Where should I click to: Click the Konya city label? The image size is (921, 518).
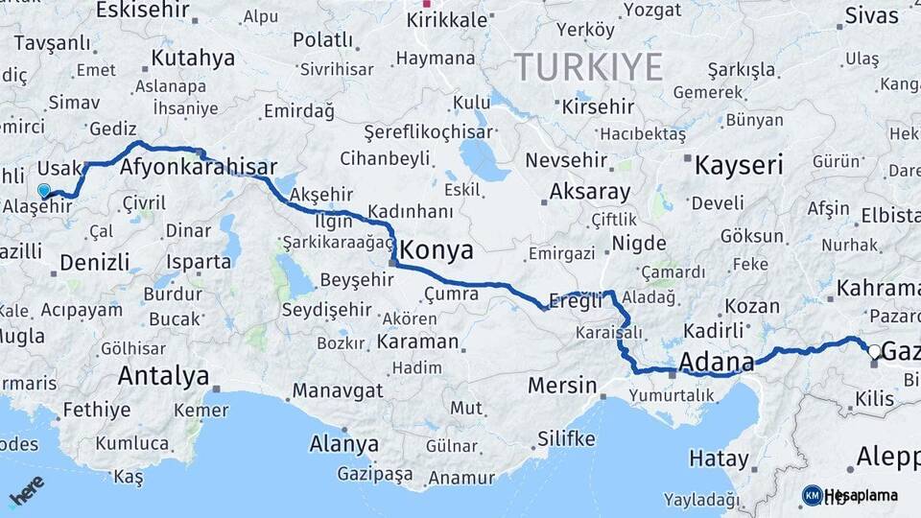pyautogui.click(x=436, y=250)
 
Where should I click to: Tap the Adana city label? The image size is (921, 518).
pyautogui.click(x=716, y=363)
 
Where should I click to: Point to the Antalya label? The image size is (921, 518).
pyautogui.click(x=163, y=376)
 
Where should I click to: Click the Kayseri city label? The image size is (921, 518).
pyautogui.click(x=739, y=165)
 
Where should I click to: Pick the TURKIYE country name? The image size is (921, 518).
pyautogui.click(x=589, y=67)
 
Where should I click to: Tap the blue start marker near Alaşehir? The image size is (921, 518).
pyautogui.click(x=43, y=190)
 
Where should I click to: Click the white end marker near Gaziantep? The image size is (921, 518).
pyautogui.click(x=873, y=351)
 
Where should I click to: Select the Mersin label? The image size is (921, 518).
pyautogui.click(x=562, y=387)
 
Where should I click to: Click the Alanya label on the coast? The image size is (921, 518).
pyautogui.click(x=343, y=444)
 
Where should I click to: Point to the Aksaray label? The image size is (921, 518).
pyautogui.click(x=589, y=192)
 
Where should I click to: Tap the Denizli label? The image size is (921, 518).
pyautogui.click(x=94, y=262)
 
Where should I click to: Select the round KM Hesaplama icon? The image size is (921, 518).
pyautogui.click(x=812, y=495)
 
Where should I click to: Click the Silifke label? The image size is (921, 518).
pyautogui.click(x=566, y=438)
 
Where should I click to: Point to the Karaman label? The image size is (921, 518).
pyautogui.click(x=417, y=341)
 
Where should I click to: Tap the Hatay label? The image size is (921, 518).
pyautogui.click(x=718, y=459)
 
